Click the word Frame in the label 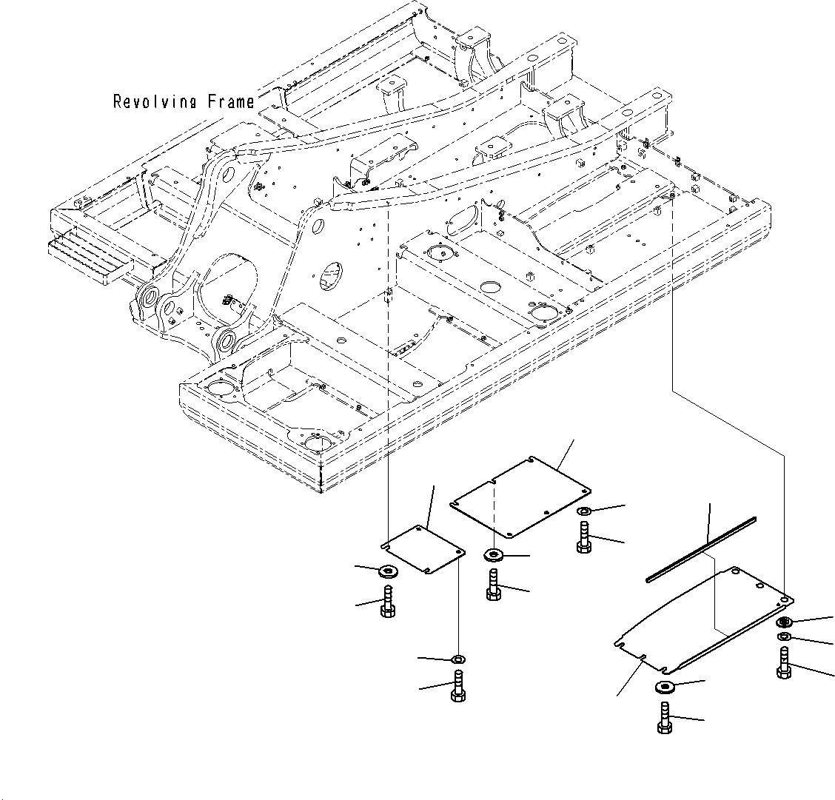pyautogui.click(x=231, y=101)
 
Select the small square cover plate pyautogui.click(x=424, y=550)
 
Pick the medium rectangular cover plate pyautogui.click(x=520, y=497)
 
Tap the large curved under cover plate pyautogui.click(x=703, y=619)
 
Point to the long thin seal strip pyautogui.click(x=701, y=549)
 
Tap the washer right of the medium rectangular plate pyautogui.click(x=584, y=511)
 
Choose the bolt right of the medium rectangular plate pyautogui.click(x=583, y=537)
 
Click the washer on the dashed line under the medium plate pyautogui.click(x=494, y=556)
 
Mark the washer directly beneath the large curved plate pyautogui.click(x=665, y=688)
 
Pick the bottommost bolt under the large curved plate pyautogui.click(x=664, y=718)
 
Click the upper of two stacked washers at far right pyautogui.click(x=784, y=622)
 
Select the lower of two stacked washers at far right pyautogui.click(x=784, y=637)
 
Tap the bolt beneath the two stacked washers pyautogui.click(x=784, y=662)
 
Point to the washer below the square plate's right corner pyautogui.click(x=458, y=659)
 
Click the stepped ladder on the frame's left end pyautogui.click(x=90, y=255)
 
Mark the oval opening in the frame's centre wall pyautogui.click(x=331, y=275)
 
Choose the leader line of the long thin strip pyautogui.click(x=710, y=524)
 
